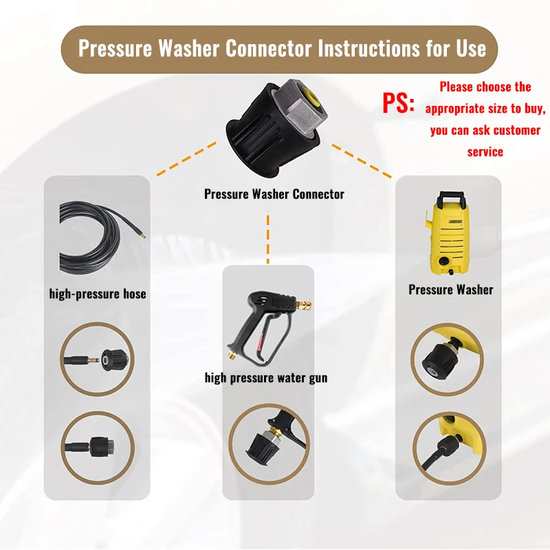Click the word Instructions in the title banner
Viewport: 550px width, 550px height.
click(368, 48)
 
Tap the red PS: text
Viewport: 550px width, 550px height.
click(399, 102)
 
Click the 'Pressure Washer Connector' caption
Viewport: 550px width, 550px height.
click(274, 194)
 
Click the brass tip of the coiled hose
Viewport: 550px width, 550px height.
click(141, 234)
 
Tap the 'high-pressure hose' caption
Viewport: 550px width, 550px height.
click(98, 294)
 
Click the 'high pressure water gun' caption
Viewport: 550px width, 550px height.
click(266, 377)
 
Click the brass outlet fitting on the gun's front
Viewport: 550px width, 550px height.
click(304, 305)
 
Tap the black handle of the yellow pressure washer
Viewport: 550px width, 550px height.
click(452, 197)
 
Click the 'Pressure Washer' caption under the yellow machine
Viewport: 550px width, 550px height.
click(451, 289)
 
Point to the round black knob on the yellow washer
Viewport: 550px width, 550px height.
click(443, 261)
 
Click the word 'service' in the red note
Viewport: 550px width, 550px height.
click(485, 152)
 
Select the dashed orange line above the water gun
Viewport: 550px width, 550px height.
click(268, 237)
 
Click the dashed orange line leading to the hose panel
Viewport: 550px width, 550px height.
click(186, 159)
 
